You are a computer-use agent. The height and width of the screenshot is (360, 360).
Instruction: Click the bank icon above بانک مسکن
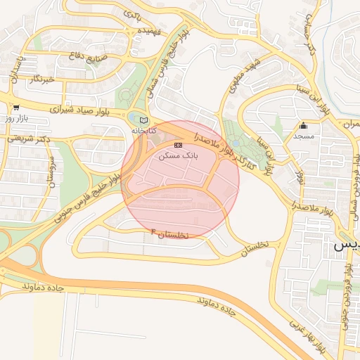click(x=178, y=145)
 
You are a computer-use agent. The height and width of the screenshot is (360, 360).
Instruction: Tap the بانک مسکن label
click(x=178, y=155)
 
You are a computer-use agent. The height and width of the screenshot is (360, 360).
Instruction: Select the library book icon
click(x=144, y=120)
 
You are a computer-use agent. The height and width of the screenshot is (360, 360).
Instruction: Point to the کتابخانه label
click(x=144, y=131)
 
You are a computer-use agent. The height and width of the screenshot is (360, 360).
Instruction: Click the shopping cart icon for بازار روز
click(x=15, y=108)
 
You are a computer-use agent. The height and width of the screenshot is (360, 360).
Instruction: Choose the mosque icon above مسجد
click(x=304, y=125)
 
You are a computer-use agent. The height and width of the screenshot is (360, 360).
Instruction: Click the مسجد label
click(x=304, y=136)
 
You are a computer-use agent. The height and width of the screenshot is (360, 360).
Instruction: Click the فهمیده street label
click(x=150, y=32)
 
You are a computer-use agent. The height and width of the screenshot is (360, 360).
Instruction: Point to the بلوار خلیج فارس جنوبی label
click(x=83, y=188)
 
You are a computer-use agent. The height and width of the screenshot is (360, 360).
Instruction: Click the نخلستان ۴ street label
click(x=170, y=233)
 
